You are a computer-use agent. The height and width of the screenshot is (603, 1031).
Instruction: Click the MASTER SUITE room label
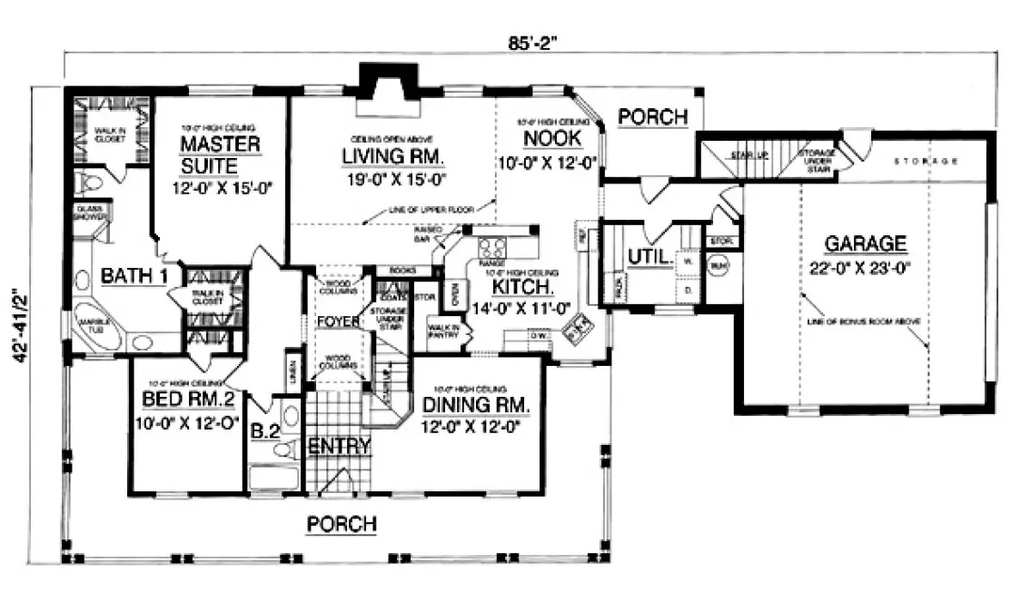pos(219,155)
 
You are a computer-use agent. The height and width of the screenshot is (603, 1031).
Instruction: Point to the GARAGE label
pos(865,243)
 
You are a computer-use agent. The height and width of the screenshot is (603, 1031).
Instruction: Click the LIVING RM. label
pos(393,158)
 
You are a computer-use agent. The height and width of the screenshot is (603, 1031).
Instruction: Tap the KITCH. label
pos(520,287)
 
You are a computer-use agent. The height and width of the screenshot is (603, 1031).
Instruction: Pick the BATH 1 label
pos(133,275)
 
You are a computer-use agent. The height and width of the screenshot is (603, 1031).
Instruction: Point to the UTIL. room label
pos(650,259)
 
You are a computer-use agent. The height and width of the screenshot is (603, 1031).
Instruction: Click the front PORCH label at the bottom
pos(342,524)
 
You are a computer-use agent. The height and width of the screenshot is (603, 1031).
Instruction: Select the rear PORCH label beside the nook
pos(652,117)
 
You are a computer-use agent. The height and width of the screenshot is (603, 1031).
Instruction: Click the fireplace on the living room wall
pos(386,91)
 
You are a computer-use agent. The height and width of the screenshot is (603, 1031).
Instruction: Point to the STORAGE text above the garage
pos(926,162)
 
